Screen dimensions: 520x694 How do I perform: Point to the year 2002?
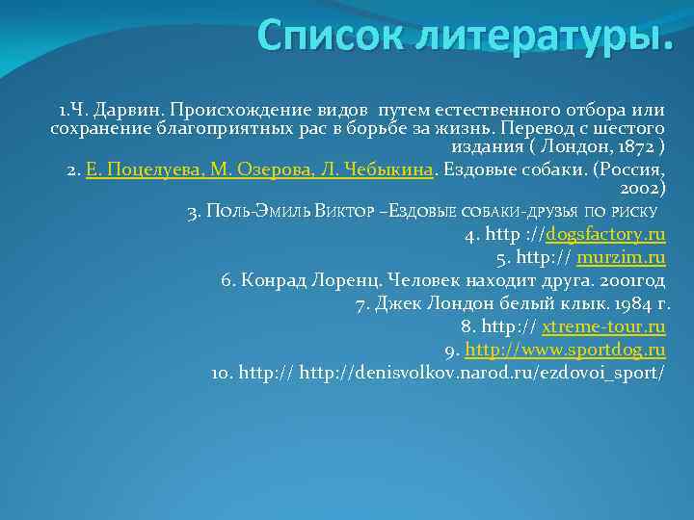[x=642, y=190]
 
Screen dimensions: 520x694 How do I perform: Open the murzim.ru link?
[x=621, y=258]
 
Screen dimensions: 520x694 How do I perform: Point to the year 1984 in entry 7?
[x=621, y=304]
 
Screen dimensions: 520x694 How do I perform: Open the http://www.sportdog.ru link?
[x=566, y=349]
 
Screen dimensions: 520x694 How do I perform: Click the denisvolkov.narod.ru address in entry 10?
[x=482, y=372]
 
